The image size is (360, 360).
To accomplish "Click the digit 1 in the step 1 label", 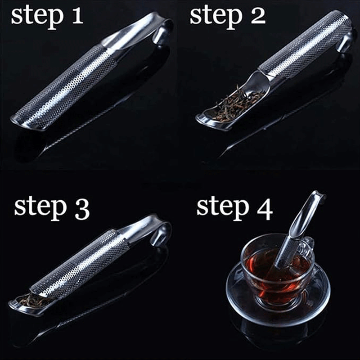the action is tap(77, 16).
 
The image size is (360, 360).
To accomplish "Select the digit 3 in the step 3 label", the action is tap(82, 208).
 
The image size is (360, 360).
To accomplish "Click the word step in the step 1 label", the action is tap(37, 17).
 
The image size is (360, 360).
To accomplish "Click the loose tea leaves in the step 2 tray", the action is tap(237, 103).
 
